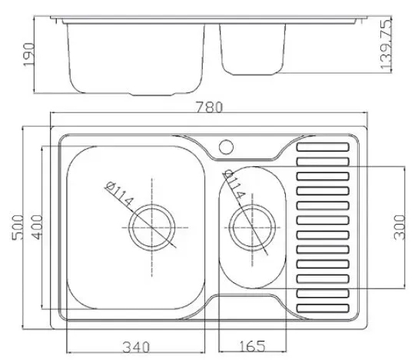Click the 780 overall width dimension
tap(209, 107)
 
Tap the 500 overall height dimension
tap(18, 228)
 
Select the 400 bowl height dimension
tap(37, 227)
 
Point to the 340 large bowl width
tap(136, 347)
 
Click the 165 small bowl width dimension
tap(253, 346)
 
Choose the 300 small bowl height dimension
tap(400, 228)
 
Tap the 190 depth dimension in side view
tap(29, 55)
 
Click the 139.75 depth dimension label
tap(386, 44)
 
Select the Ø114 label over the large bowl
tap(119, 194)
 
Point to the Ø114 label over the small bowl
tap(234, 185)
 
